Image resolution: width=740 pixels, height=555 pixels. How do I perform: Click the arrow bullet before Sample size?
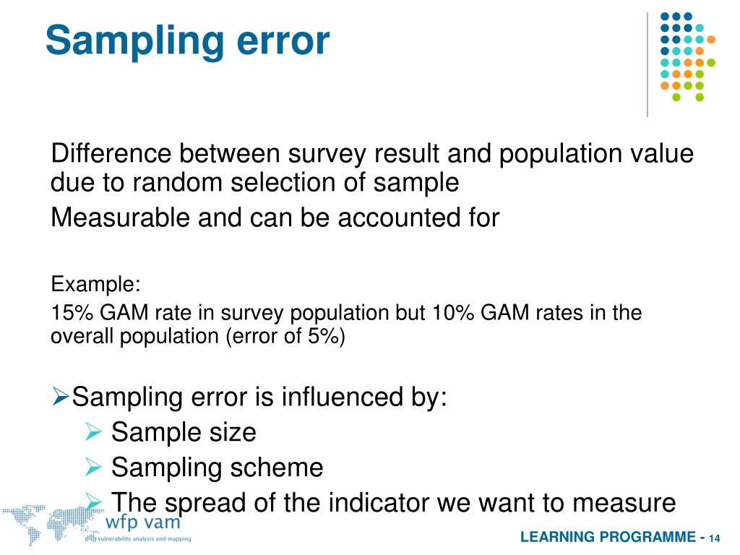click(x=93, y=433)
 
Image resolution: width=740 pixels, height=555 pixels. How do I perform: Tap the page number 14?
click(x=715, y=538)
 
